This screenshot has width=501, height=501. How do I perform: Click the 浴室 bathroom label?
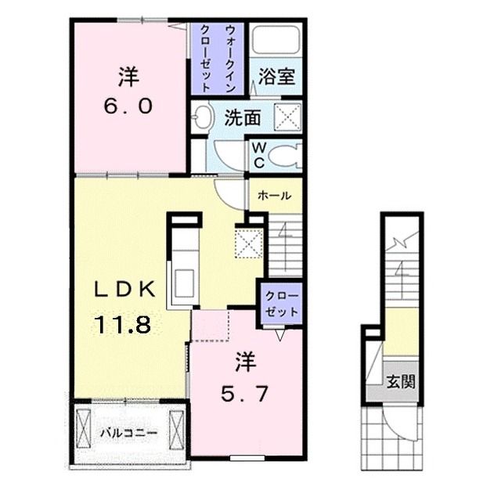click(x=276, y=77)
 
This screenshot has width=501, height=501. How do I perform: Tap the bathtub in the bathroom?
click(x=276, y=39)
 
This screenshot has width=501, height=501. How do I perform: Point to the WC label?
click(x=259, y=155)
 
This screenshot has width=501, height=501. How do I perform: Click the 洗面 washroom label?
click(x=243, y=117)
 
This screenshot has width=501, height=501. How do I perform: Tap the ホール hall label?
click(x=274, y=195)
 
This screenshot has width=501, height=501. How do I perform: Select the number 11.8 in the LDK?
click(x=123, y=324)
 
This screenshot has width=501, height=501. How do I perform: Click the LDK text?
click(x=124, y=290)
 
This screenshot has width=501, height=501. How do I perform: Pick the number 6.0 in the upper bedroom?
click(x=128, y=106)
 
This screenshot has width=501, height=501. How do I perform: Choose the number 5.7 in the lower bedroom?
click(x=244, y=395)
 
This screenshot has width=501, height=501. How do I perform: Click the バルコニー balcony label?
click(x=129, y=433)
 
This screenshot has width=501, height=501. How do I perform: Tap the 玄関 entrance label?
click(x=401, y=381)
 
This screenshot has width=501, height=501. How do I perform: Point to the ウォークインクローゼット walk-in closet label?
click(x=218, y=59)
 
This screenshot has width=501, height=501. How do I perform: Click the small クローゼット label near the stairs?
click(x=281, y=304)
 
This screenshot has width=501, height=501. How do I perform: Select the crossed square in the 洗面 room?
click(x=288, y=117)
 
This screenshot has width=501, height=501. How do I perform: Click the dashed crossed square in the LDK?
click(x=249, y=243)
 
